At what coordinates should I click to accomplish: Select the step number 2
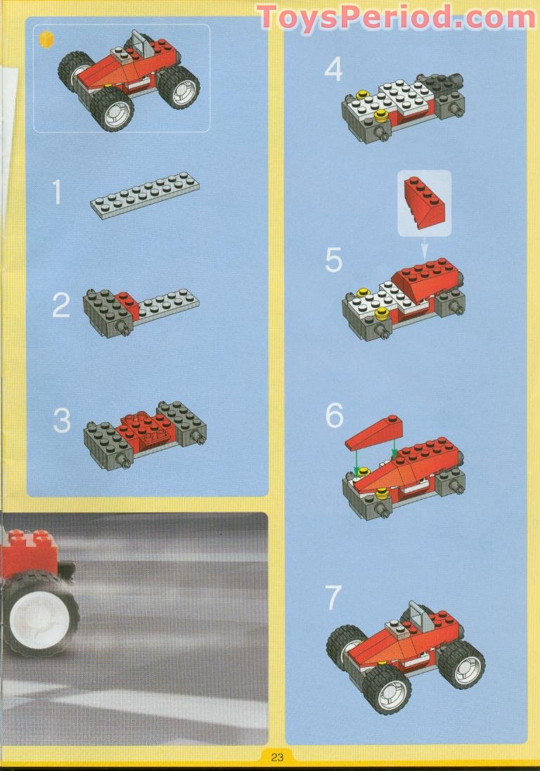click(x=61, y=305)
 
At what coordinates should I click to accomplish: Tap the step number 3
click(x=62, y=422)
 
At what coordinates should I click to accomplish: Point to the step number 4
click(x=333, y=69)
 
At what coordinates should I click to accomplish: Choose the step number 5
click(x=333, y=260)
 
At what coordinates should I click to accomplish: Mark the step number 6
click(x=335, y=416)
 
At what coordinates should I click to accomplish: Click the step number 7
click(x=333, y=597)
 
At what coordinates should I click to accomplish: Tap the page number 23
click(x=277, y=757)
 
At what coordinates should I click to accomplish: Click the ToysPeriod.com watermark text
click(x=396, y=18)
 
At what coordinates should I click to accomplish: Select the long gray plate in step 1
click(x=145, y=195)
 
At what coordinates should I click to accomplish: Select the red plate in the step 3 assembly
click(x=143, y=425)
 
